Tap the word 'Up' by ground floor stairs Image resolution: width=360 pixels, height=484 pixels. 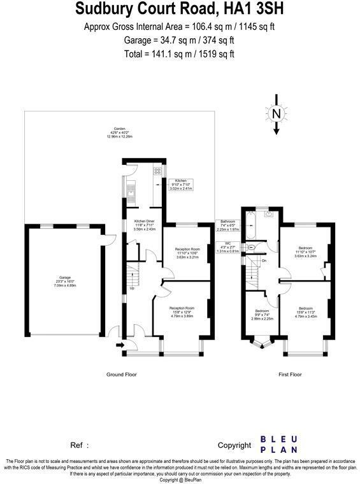point(132,288)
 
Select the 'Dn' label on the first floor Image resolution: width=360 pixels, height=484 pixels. point(263,261)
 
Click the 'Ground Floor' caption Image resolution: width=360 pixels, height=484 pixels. point(121,374)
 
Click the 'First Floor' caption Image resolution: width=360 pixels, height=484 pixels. point(289,374)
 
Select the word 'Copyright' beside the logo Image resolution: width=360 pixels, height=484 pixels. point(234,445)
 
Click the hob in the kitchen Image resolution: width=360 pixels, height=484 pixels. point(156,171)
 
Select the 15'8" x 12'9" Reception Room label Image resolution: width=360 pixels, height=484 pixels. point(182,312)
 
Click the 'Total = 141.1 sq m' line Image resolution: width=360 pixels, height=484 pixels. point(180,53)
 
